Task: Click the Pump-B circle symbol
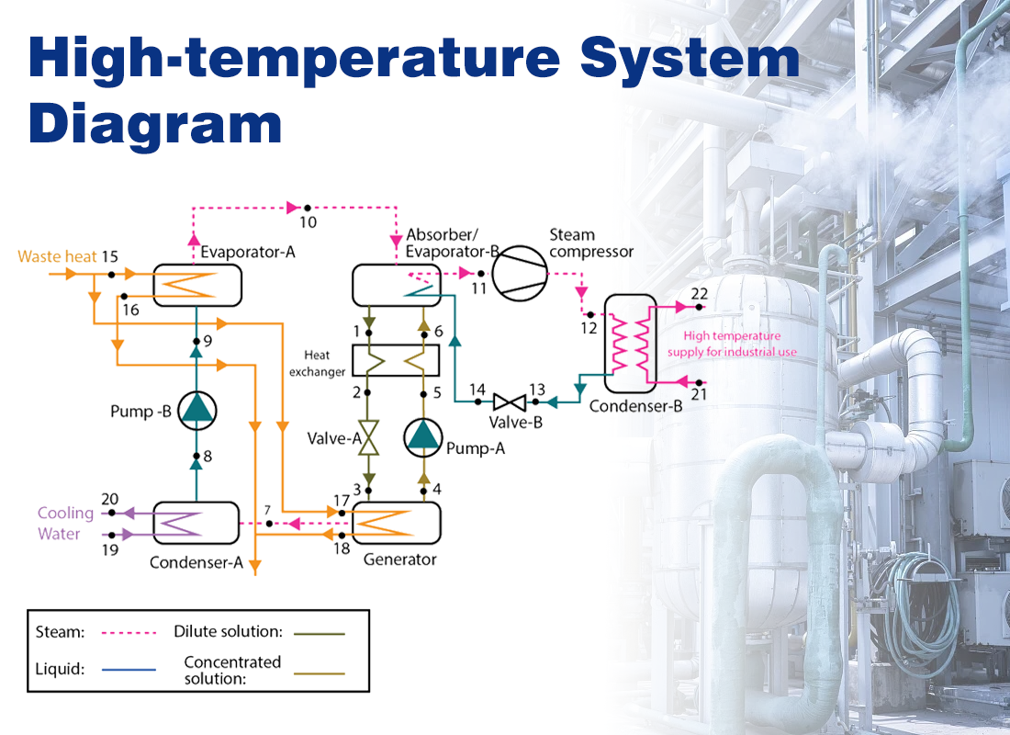pyautogui.click(x=196, y=411)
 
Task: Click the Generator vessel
pyautogui.click(x=396, y=524)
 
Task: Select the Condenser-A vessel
pyautogui.click(x=196, y=524)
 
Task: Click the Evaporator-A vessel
pyautogui.click(x=196, y=286)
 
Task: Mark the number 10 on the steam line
pyautogui.click(x=308, y=222)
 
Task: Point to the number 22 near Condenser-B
pyautogui.click(x=700, y=294)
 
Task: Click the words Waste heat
pyautogui.click(x=57, y=256)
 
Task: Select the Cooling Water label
pyautogui.click(x=65, y=524)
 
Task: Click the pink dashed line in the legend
pyautogui.click(x=129, y=632)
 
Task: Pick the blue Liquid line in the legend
pyautogui.click(x=129, y=670)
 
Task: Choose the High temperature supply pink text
pyautogui.click(x=740, y=344)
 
